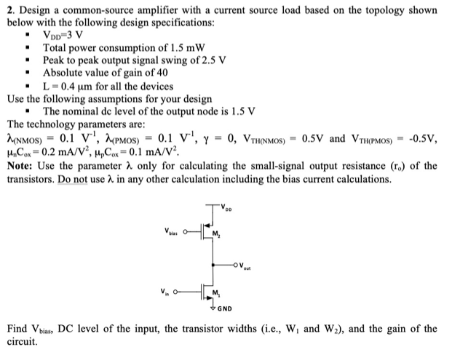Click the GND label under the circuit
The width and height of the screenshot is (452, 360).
[223, 308]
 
